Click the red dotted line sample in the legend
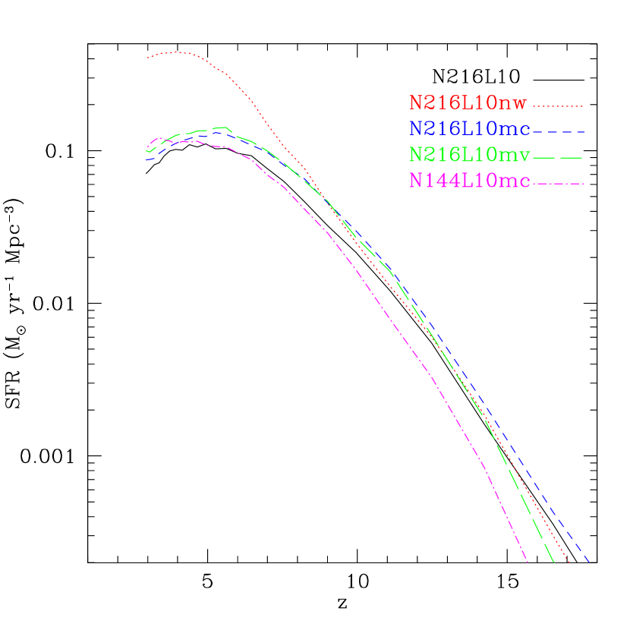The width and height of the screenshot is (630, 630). (558, 106)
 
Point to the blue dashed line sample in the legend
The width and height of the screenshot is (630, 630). (558, 132)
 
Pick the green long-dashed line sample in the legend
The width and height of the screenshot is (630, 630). (558, 158)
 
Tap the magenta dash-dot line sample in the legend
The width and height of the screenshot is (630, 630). (558, 184)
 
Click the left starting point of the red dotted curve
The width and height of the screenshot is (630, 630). (147, 58)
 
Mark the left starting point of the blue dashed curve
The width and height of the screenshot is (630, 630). (147, 160)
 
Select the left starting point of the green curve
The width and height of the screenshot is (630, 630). (147, 151)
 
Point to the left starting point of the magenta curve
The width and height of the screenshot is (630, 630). (147, 147)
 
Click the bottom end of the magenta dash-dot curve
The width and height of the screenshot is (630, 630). (527, 562)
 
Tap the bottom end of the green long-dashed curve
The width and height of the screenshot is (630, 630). (554, 562)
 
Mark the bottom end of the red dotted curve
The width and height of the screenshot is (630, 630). (569, 562)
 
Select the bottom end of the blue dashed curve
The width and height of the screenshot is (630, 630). (589, 562)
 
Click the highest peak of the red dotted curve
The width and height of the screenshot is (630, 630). (176, 52)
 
